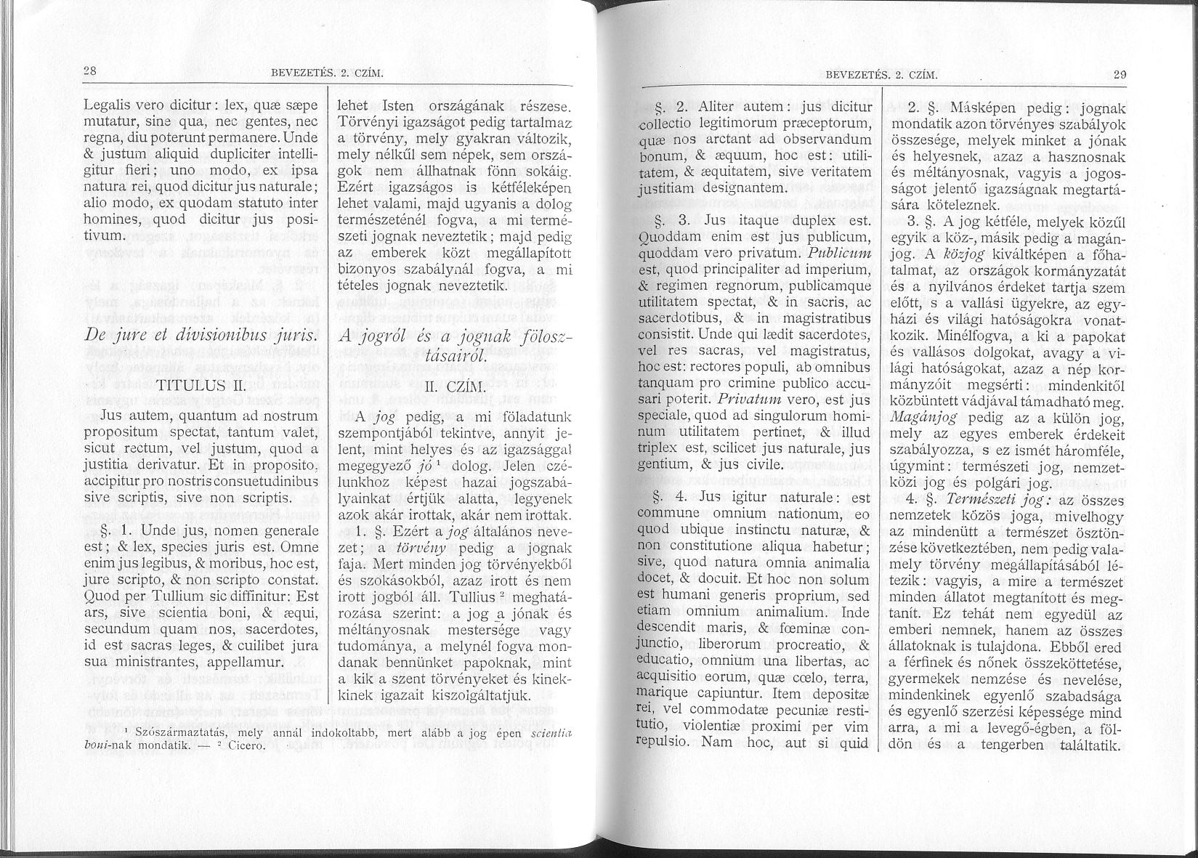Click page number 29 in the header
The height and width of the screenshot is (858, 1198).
pyautogui.click(x=1119, y=74)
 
